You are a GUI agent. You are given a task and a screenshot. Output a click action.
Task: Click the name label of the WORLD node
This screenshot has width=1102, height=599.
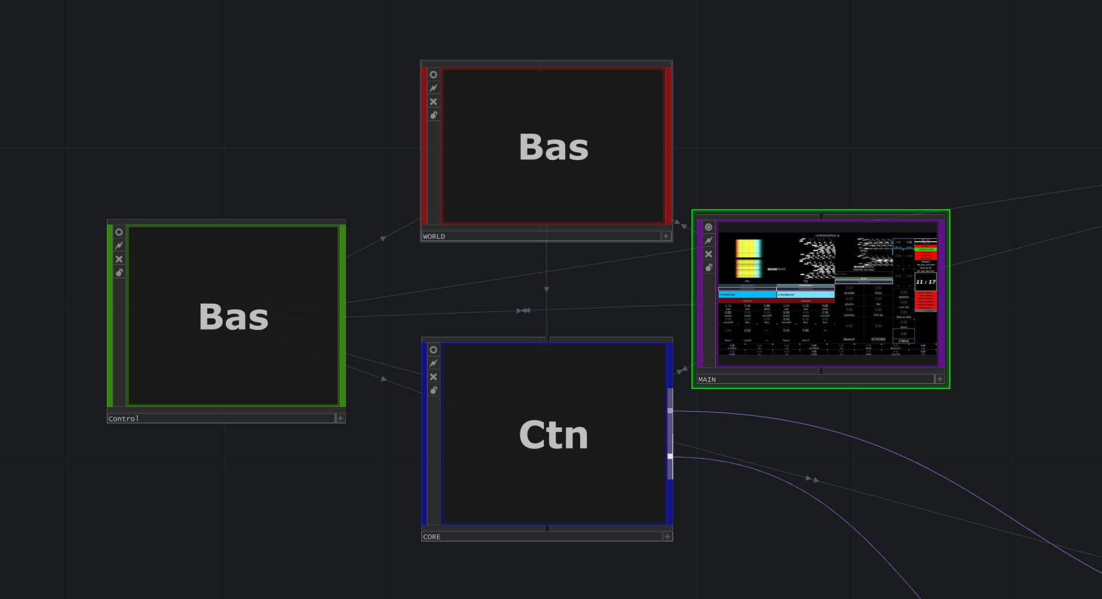coord(434,237)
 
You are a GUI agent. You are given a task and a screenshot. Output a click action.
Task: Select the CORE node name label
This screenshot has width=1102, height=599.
coord(432,537)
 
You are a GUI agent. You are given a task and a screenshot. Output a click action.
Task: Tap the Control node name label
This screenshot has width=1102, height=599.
coord(123,419)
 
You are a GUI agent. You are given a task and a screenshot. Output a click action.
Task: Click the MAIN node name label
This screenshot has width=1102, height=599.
coord(707,380)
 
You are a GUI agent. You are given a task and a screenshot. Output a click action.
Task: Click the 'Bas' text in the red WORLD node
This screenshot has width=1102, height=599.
coord(553,147)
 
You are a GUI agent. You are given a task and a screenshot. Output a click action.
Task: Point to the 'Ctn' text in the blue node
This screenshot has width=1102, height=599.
coord(553,435)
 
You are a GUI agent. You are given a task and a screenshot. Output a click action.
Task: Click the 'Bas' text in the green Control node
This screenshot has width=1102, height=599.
coord(234,316)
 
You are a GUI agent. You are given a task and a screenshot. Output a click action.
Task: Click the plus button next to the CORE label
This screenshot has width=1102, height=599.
coord(668,536)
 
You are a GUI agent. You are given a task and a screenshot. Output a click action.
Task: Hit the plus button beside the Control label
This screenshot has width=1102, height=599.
coord(340,418)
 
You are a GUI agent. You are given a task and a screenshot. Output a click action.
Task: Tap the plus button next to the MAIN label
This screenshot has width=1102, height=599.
coord(940,379)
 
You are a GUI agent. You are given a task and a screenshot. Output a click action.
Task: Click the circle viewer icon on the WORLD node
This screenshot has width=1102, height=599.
coord(433,75)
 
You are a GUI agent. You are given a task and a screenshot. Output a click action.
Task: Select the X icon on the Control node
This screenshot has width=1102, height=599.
coord(119,259)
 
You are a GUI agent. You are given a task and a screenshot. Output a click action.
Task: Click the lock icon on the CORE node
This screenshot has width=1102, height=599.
coord(433,391)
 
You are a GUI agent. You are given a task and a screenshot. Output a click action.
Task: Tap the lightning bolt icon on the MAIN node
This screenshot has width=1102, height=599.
coord(708,241)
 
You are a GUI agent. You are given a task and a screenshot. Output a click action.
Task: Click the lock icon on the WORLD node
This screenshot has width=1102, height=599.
coord(433,115)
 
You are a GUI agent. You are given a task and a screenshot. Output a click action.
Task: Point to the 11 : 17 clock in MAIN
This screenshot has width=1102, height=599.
coord(925,282)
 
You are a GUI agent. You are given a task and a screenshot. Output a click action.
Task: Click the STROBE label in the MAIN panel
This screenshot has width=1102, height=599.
coord(878,339)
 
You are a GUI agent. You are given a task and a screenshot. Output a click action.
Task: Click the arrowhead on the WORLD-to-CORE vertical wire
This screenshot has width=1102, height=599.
coord(546,289)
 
